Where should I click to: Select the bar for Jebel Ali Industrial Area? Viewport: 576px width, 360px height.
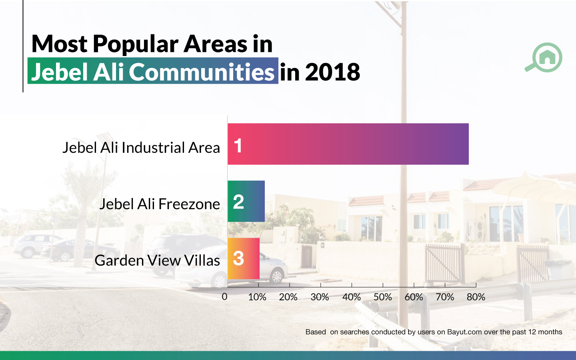click(x=348, y=144)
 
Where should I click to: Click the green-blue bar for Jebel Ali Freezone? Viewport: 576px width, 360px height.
click(x=246, y=201)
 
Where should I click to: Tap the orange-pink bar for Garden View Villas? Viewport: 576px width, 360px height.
click(x=244, y=258)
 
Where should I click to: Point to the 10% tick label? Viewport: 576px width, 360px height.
click(x=257, y=297)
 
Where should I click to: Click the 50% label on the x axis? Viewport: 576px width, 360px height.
click(x=383, y=297)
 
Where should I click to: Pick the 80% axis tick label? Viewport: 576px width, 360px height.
click(x=476, y=297)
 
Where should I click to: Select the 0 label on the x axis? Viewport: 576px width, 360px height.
click(x=224, y=297)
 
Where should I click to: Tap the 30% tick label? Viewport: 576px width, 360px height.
click(x=320, y=297)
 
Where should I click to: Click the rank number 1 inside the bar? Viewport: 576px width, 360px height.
click(x=238, y=146)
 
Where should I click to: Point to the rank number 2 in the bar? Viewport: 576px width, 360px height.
click(x=238, y=202)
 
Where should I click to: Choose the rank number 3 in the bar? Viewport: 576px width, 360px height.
click(x=238, y=258)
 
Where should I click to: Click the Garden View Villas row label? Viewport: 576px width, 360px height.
click(x=157, y=260)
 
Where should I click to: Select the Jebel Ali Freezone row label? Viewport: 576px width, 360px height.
click(x=160, y=204)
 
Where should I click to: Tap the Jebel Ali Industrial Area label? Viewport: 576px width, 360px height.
click(x=141, y=147)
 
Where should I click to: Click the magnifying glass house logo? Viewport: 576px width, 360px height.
click(x=544, y=57)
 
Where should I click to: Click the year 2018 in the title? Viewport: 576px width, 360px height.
click(x=332, y=72)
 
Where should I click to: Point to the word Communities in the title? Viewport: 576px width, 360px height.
click(x=202, y=72)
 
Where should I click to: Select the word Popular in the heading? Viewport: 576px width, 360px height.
click(x=136, y=44)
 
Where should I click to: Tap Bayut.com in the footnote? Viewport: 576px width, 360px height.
click(x=464, y=332)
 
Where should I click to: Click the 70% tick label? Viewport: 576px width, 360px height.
click(x=445, y=297)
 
